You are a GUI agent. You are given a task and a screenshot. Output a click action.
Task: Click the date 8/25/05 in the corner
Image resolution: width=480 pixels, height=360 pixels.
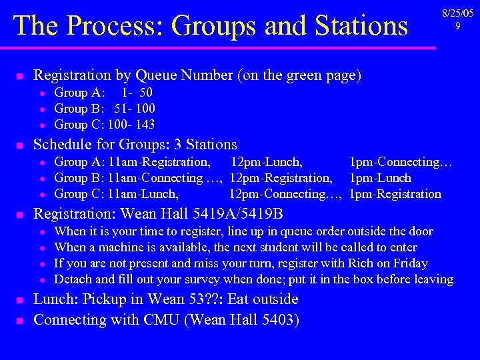click(457, 13)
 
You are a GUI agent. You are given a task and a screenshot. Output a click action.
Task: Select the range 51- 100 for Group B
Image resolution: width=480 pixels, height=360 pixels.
click(135, 109)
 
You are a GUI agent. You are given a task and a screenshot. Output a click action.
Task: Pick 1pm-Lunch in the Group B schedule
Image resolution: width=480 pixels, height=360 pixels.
click(381, 178)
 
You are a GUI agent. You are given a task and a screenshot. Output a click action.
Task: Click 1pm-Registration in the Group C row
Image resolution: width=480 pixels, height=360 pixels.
click(395, 194)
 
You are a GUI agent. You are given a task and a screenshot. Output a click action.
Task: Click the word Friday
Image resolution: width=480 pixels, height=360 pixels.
click(410, 263)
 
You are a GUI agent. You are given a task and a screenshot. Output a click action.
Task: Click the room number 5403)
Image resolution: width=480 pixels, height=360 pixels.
click(275, 319)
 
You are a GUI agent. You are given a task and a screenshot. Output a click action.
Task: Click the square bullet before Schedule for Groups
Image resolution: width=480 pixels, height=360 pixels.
click(20, 145)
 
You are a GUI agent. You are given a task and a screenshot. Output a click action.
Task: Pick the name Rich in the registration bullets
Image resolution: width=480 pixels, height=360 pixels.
click(357, 263)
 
